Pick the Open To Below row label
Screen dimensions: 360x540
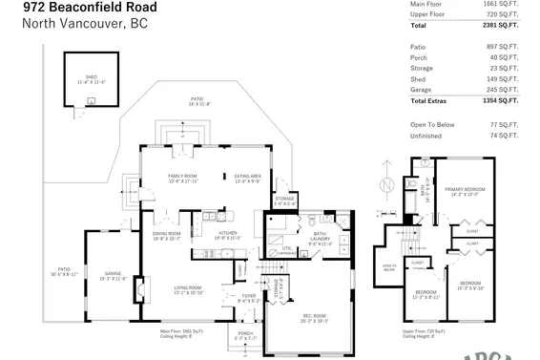coord(431,125)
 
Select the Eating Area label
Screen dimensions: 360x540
coord(248,175)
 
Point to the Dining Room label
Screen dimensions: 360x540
coord(168,234)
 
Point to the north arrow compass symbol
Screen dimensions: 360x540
coord(384,183)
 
